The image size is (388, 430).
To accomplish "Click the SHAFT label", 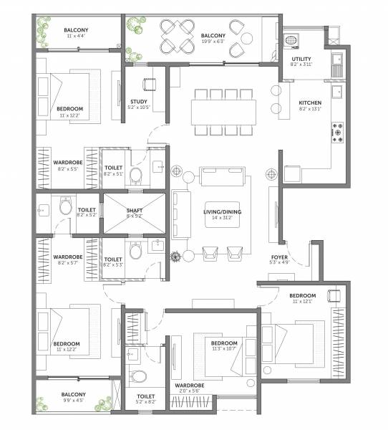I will click(135, 209).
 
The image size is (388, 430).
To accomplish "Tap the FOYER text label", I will click(279, 257).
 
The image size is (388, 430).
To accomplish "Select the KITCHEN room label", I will click(310, 103).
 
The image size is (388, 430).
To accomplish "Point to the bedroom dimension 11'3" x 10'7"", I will click(224, 350).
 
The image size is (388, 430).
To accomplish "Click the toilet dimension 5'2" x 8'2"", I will click(146, 403).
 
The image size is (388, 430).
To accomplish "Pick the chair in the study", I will click(149, 84).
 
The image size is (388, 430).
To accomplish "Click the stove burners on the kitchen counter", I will click(337, 131).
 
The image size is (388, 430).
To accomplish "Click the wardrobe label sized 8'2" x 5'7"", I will click(68, 257).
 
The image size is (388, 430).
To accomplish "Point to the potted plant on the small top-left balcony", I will click(42, 31).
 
